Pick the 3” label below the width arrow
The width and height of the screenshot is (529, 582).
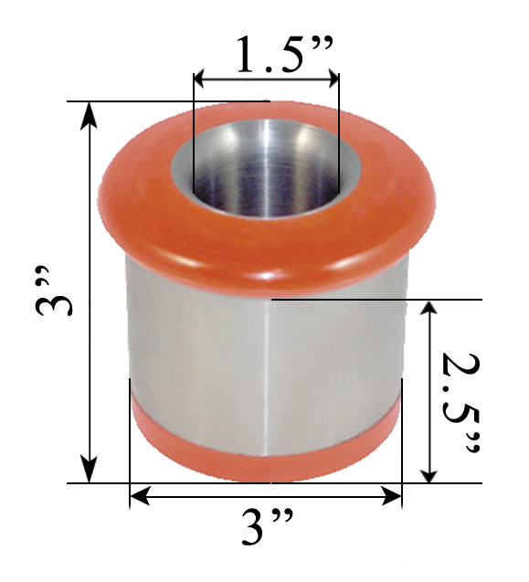266,529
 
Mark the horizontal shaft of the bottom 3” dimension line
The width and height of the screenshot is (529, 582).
266,497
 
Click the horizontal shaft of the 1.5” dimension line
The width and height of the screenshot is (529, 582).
266,81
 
